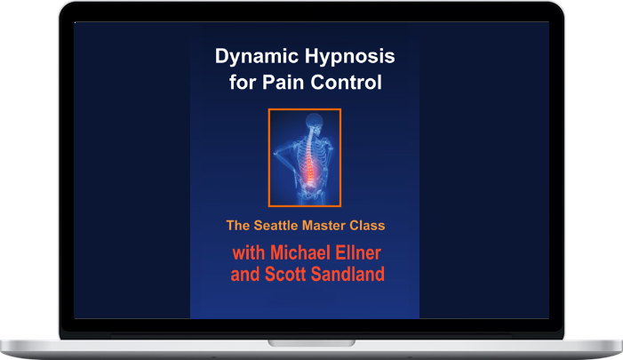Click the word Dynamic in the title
257,56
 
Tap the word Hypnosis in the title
350,56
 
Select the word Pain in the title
284,83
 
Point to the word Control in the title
346,83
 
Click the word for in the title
243,83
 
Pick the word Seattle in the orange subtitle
276,225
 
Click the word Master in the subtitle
323,225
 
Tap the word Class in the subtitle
367,225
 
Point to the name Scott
285,274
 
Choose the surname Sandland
348,274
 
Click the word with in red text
249,252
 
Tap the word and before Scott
245,274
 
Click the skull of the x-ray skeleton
314,120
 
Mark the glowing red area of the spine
309,170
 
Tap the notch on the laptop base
311,343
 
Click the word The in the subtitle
238,225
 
